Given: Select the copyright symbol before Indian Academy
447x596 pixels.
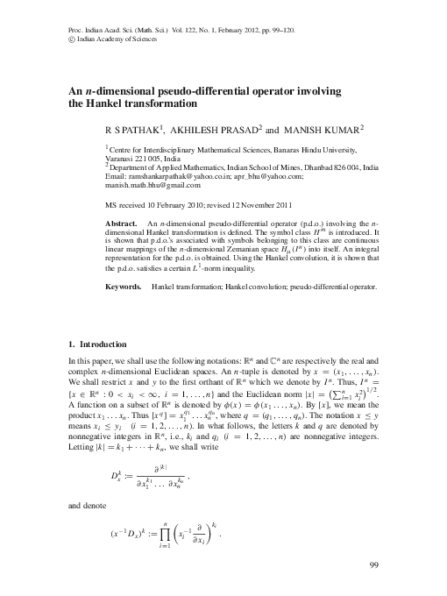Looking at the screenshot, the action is (71, 39).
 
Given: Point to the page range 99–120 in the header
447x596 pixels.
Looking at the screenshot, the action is (294, 29).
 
